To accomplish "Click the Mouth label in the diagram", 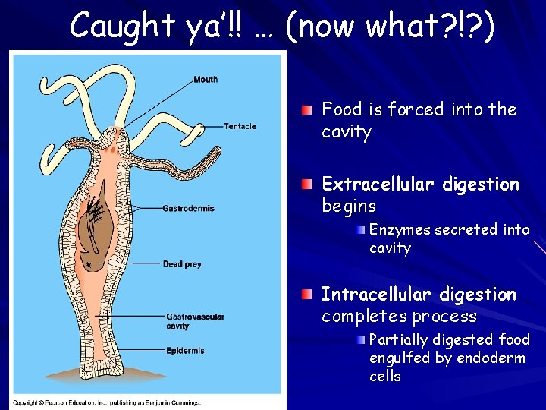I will point(206,80).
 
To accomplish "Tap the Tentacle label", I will point(240,126).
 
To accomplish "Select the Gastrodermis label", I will point(188,208).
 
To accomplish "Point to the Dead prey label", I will point(182,264).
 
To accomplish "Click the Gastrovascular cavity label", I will point(195,321).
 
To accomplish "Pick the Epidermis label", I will point(185,351).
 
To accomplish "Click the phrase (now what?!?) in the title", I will point(390,26).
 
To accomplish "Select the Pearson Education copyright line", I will point(106,402).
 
